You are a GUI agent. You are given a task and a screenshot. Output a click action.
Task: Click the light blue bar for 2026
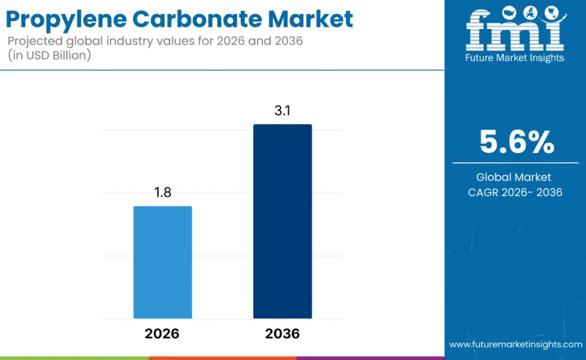coord(163,262)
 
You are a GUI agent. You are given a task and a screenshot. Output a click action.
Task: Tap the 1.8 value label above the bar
coord(163,192)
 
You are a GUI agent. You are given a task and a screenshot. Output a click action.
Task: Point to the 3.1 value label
coord(282,110)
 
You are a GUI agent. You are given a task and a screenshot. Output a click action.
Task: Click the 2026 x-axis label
coord(163,333)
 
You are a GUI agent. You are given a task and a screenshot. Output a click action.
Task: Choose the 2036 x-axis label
coord(282,333)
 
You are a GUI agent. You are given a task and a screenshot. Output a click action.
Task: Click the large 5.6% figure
coord(516,143)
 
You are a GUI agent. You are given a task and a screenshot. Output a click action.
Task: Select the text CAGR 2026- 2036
coord(516,192)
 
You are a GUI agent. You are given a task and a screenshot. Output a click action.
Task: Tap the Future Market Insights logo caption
coord(515,59)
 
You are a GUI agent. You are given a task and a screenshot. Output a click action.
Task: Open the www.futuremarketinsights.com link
coord(515,344)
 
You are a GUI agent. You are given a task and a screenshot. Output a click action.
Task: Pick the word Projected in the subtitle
coord(36,40)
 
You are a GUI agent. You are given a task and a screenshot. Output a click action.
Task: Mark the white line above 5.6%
coord(516,117)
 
